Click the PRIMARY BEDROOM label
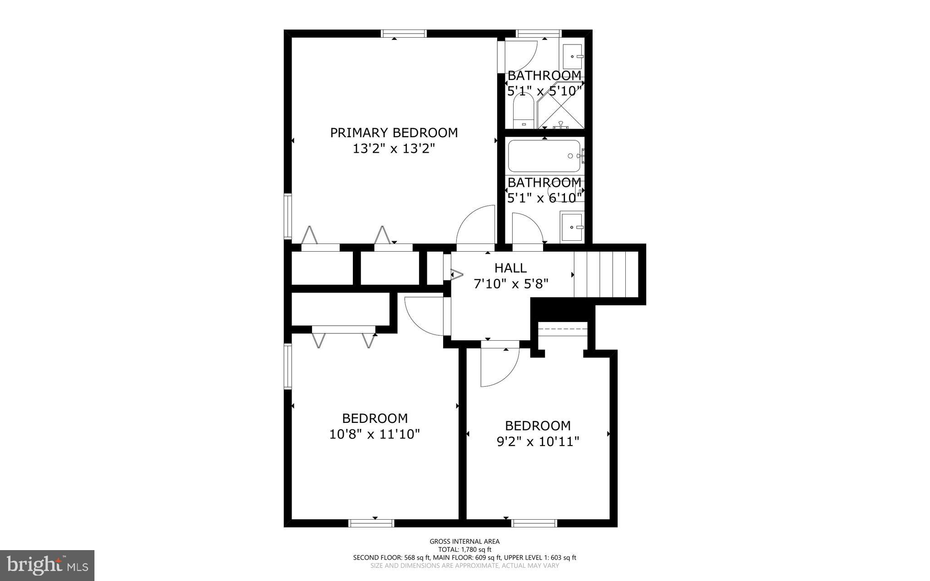pyautogui.click(x=394, y=133)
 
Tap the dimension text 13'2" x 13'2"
pyautogui.click(x=394, y=149)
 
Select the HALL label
pyautogui.click(x=510, y=268)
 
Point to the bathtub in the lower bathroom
pyautogui.click(x=544, y=156)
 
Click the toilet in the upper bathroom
pyautogui.click(x=523, y=114)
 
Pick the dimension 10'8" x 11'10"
pyautogui.click(x=375, y=434)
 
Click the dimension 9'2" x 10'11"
pyautogui.click(x=538, y=442)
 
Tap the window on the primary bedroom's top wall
pyautogui.click(x=404, y=33)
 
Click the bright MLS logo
pyautogui.click(x=47, y=565)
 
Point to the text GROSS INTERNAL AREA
pyautogui.click(x=465, y=541)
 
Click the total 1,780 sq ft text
pyautogui.click(x=465, y=549)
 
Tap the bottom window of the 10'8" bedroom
pyautogui.click(x=371, y=523)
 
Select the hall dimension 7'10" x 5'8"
pyautogui.click(x=511, y=284)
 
